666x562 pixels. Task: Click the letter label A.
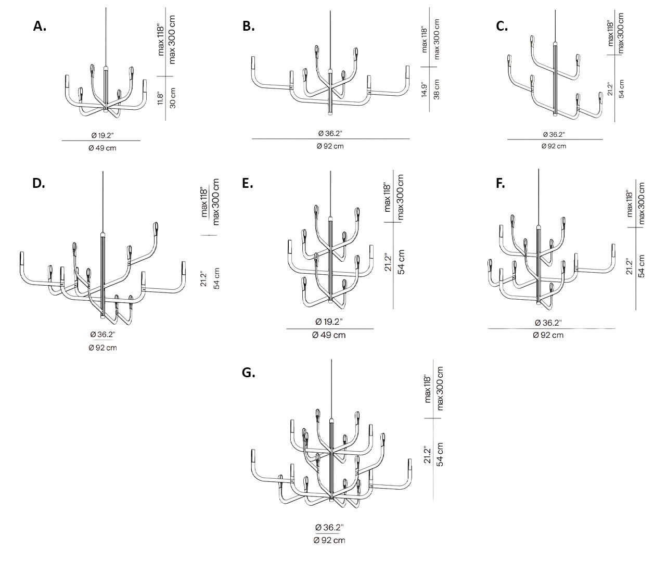[x=40, y=27]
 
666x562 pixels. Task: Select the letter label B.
[x=249, y=27]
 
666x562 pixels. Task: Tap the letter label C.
[x=502, y=27]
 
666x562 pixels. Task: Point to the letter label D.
[x=39, y=183]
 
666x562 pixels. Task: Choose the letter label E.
[x=248, y=183]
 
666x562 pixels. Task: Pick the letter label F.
[x=500, y=183]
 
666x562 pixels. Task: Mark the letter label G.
[x=248, y=373]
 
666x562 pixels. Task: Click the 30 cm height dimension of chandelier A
[x=173, y=98]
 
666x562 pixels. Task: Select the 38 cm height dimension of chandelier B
[x=437, y=90]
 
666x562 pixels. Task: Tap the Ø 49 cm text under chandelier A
[x=102, y=148]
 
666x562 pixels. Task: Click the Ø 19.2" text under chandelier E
[x=329, y=322]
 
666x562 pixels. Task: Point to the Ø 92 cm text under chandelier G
[x=329, y=540]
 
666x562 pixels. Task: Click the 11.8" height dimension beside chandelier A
[x=161, y=98]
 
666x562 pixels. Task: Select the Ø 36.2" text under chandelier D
[x=103, y=335]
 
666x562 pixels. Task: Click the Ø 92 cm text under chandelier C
[x=554, y=146]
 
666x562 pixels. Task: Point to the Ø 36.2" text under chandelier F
[x=548, y=323]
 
